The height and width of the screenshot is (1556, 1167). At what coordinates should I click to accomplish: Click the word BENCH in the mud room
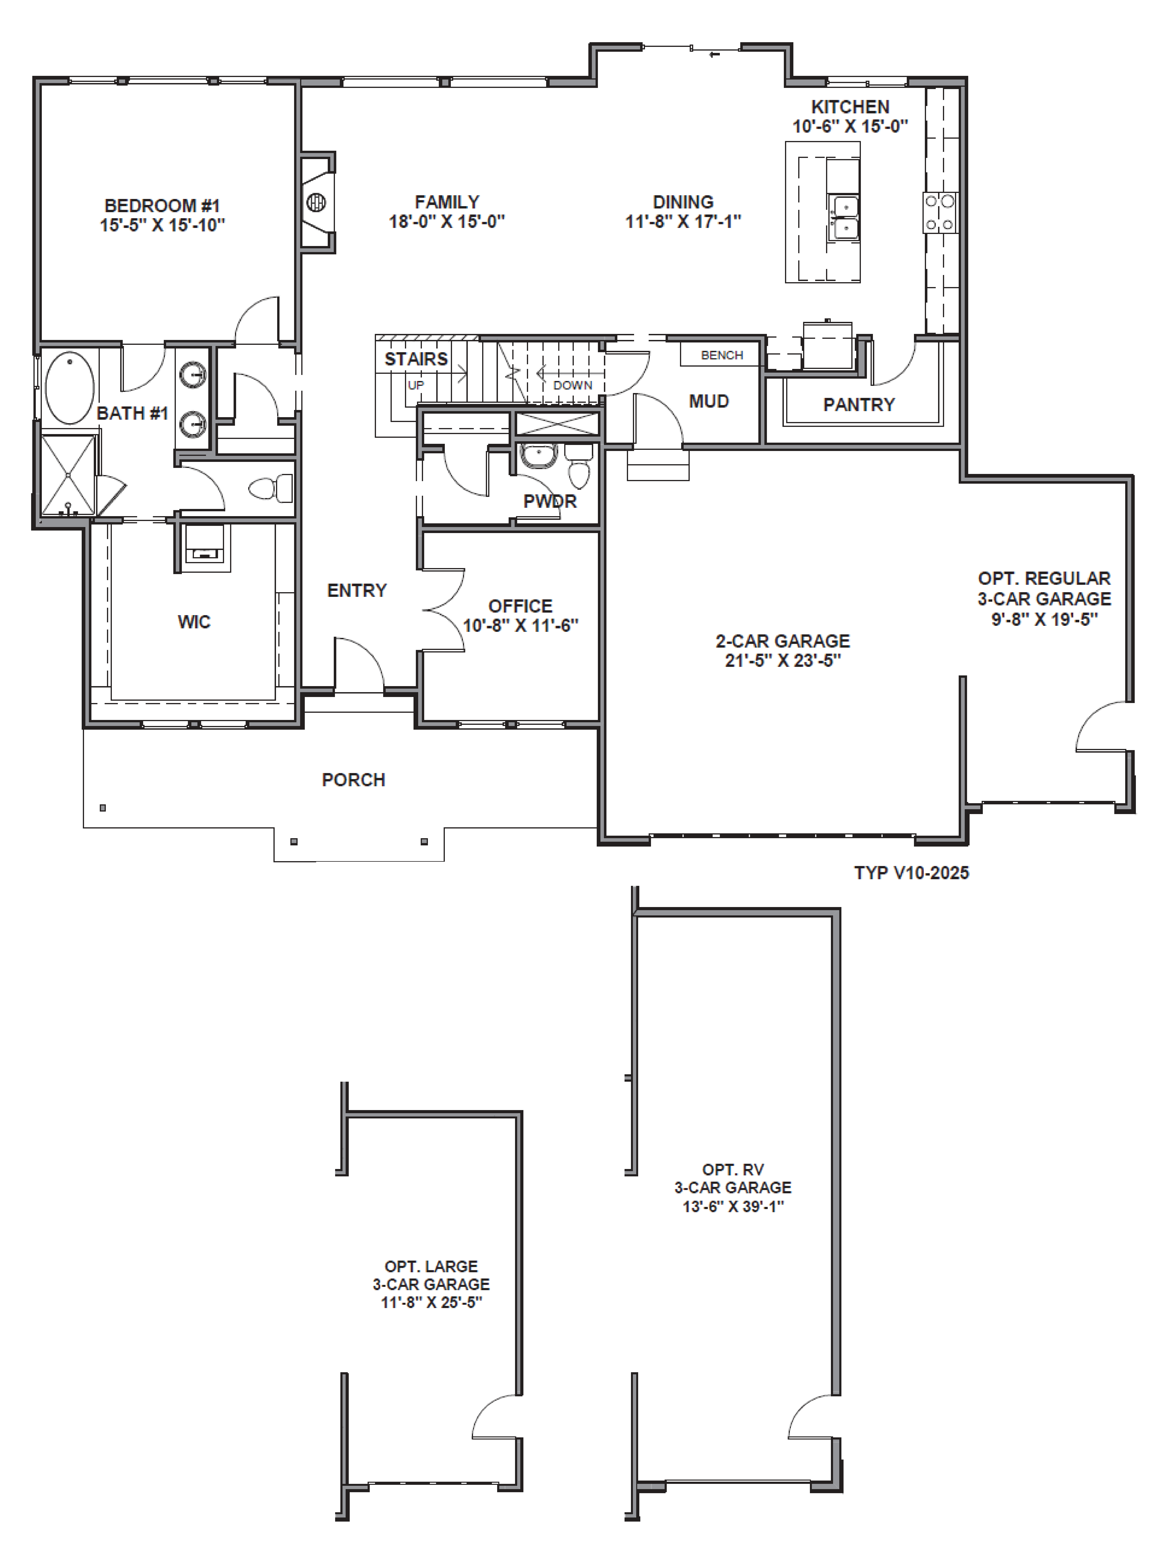(722, 355)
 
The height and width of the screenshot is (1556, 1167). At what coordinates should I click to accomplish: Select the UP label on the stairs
(416, 385)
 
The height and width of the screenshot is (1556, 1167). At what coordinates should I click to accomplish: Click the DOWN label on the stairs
(573, 385)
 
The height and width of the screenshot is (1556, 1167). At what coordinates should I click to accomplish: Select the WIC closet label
(194, 622)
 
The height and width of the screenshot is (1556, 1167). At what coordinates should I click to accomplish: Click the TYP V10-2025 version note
(912, 873)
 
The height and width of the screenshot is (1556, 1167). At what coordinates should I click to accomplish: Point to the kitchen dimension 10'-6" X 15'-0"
(851, 127)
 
